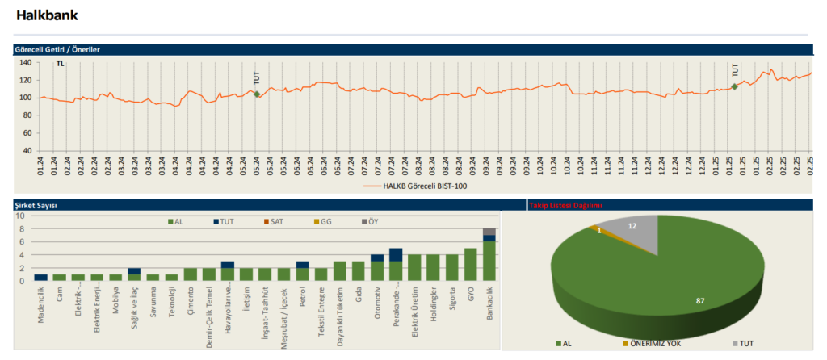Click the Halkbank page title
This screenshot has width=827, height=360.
(x=47, y=15)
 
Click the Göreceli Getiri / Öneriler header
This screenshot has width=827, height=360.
(x=57, y=49)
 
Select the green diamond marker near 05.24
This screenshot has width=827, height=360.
(x=257, y=94)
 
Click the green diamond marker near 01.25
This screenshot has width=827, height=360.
(x=734, y=86)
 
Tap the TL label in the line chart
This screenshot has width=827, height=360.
(x=60, y=64)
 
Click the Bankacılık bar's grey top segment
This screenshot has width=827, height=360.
(x=489, y=232)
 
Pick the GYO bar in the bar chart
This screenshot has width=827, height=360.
(x=471, y=265)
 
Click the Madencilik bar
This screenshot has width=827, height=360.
(x=41, y=277)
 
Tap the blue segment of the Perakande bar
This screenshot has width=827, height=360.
(x=396, y=254)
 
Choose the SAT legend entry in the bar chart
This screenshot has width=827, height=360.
(x=275, y=222)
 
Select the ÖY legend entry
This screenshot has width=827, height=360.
(x=370, y=222)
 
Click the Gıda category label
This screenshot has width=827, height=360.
(x=359, y=295)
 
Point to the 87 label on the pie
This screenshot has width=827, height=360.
(x=699, y=301)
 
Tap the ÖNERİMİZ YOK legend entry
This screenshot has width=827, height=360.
(x=653, y=344)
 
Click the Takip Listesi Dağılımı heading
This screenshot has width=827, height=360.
(x=565, y=206)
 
